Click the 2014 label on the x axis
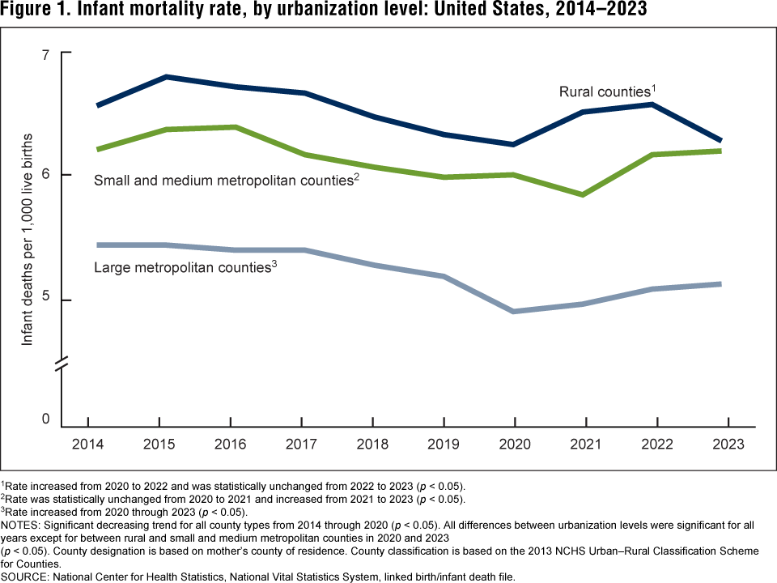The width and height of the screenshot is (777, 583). coord(87,445)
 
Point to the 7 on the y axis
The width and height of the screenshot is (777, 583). coord(45,53)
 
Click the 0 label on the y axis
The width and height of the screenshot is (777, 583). coord(45,419)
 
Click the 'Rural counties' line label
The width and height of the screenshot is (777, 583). coord(607,91)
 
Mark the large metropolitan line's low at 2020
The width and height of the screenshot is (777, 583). coord(515,311)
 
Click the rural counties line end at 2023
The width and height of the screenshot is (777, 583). coord(720,141)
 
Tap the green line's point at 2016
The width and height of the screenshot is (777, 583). coord(235,127)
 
